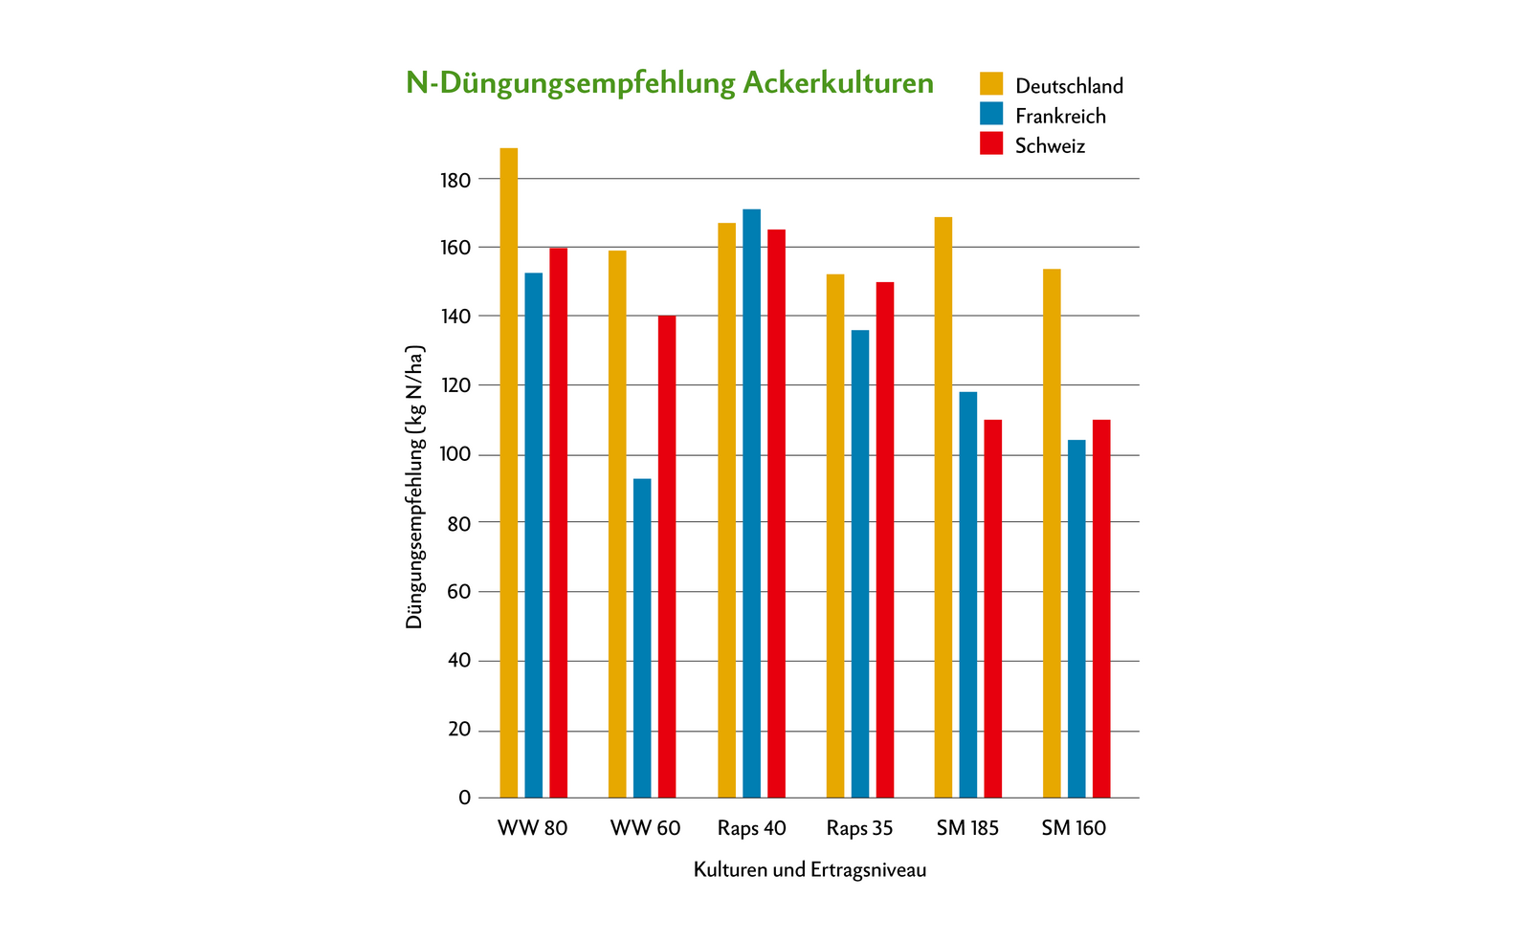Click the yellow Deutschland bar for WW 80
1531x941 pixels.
pyautogui.click(x=509, y=472)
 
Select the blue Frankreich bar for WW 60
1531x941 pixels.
pyautogui.click(x=642, y=638)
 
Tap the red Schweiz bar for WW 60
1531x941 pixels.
pyautogui.click(x=666, y=557)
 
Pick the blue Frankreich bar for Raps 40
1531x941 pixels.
pyautogui.click(x=751, y=503)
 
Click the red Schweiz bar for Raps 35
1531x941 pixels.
pyautogui.click(x=885, y=539)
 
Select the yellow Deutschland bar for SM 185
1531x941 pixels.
pyautogui.click(x=943, y=507)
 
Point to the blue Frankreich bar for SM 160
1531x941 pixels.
pyautogui.click(x=1076, y=619)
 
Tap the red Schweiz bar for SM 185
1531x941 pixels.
pyautogui.click(x=993, y=608)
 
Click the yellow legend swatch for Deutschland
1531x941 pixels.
pyautogui.click(x=991, y=83)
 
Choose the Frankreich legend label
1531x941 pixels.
pyautogui.click(x=1060, y=116)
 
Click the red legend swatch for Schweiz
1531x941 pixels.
pyautogui.click(x=991, y=143)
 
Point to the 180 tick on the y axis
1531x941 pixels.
pyautogui.click(x=456, y=180)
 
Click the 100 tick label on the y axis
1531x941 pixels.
pyautogui.click(x=456, y=454)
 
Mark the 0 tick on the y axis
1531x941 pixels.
pyautogui.click(x=465, y=798)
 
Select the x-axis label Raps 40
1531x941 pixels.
pyautogui.click(x=751, y=828)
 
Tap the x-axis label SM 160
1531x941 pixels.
pyautogui.click(x=1074, y=828)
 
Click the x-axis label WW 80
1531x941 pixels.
pyautogui.click(x=532, y=828)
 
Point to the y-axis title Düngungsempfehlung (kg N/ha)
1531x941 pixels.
pyautogui.click(x=414, y=488)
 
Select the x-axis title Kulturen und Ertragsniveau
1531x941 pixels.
pyautogui.click(x=810, y=870)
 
